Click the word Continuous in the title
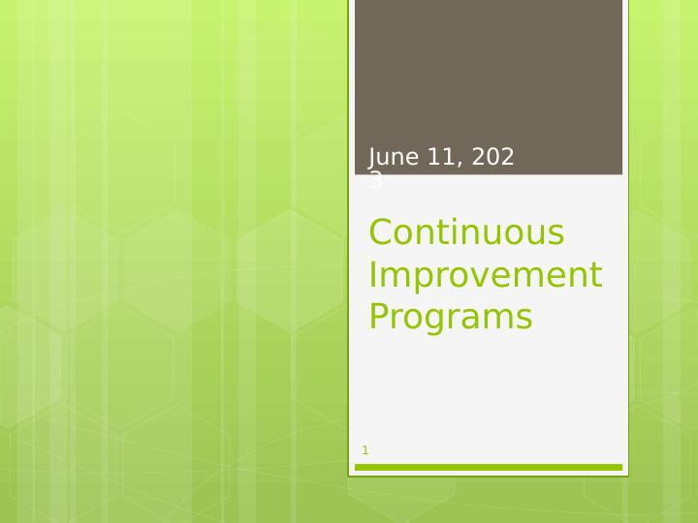[466, 233]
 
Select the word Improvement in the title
[485, 276]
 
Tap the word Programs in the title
[451, 318]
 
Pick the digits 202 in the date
[492, 158]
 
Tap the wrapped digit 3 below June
[375, 181]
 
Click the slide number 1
[365, 450]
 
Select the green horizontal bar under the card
[489, 468]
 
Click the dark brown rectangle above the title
[489, 77]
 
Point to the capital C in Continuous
[381, 233]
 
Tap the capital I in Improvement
[372, 276]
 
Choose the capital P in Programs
[379, 318]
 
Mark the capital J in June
[373, 158]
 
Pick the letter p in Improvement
[420, 279]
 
